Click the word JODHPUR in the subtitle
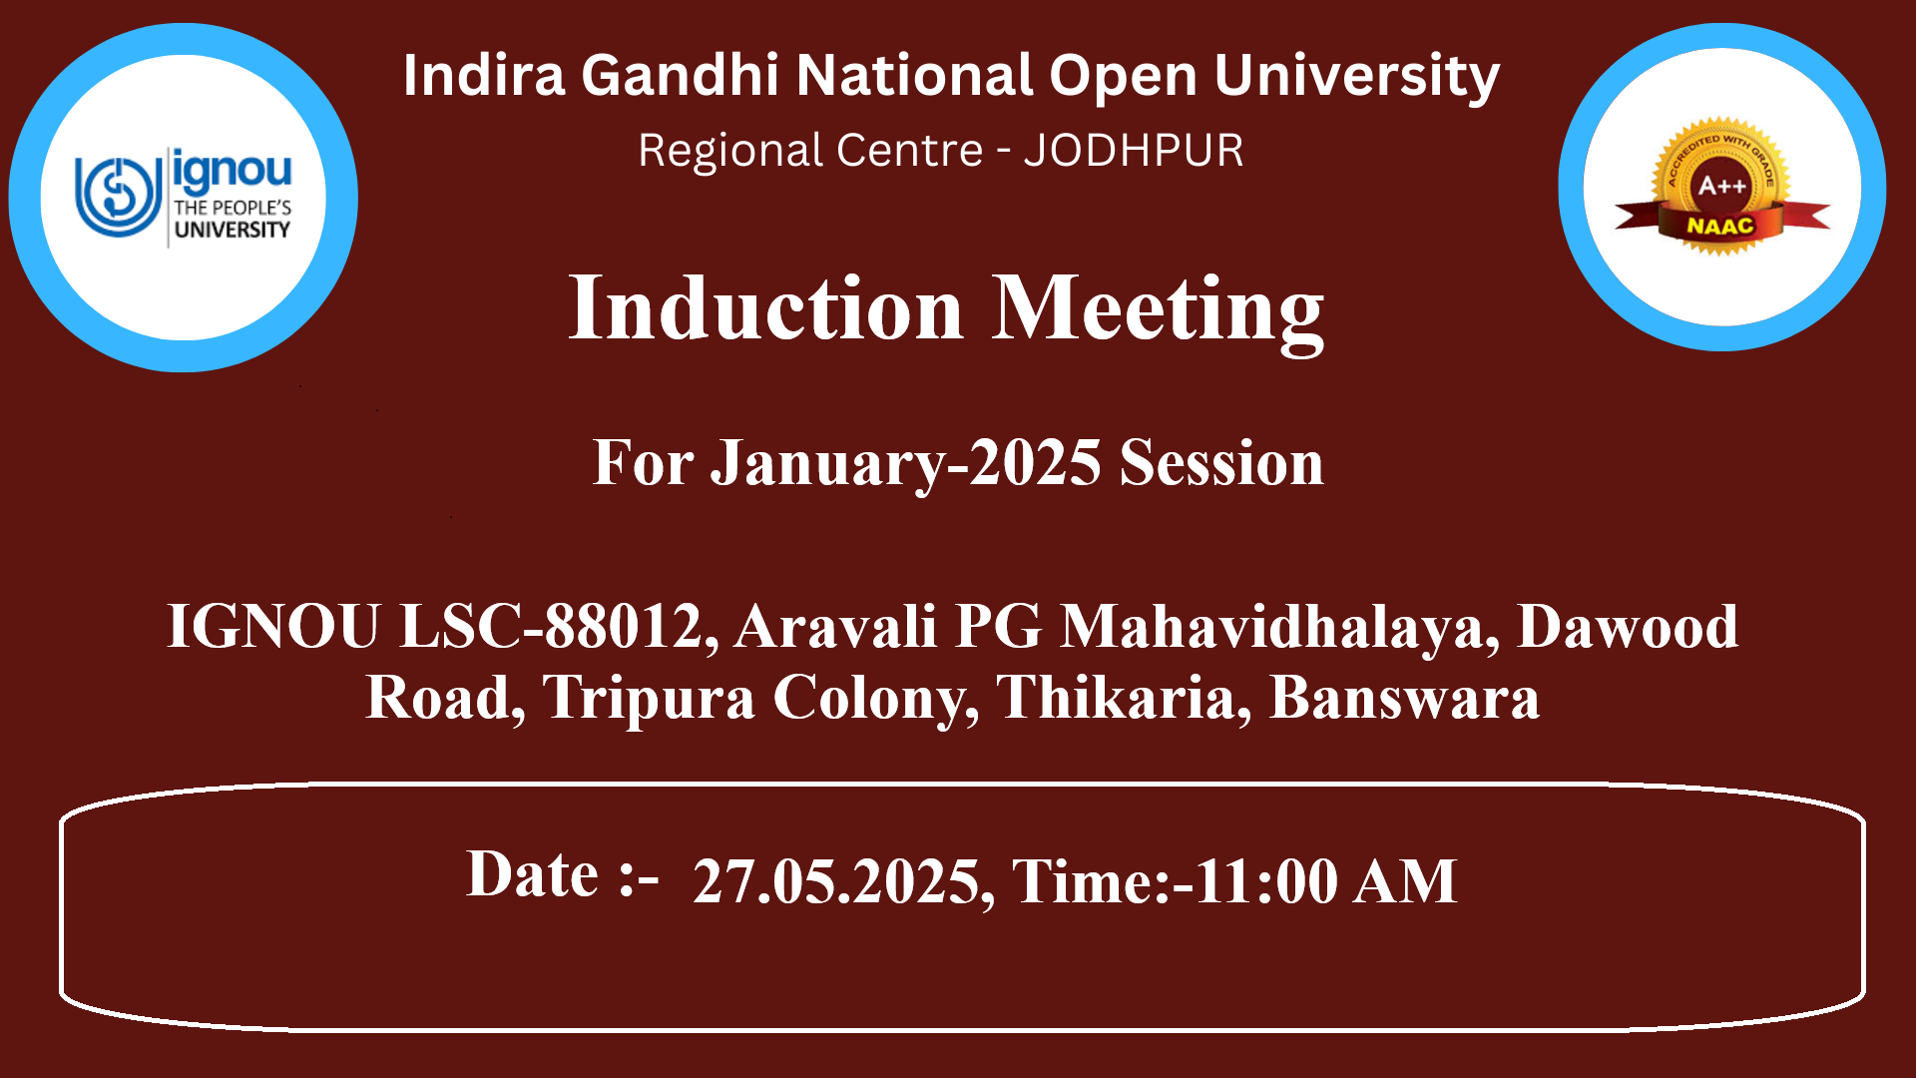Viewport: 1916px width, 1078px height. click(1134, 151)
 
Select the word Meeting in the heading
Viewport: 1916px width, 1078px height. click(1158, 312)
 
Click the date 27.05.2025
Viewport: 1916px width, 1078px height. click(836, 881)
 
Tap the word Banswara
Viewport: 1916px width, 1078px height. click(1404, 697)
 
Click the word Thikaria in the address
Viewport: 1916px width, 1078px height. click(1116, 697)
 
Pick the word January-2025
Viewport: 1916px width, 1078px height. click(906, 464)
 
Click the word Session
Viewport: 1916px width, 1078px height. click(1221, 463)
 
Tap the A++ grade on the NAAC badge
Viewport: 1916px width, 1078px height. click(1722, 186)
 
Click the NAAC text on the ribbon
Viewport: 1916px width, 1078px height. click(1719, 226)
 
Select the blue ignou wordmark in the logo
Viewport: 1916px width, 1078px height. click(232, 171)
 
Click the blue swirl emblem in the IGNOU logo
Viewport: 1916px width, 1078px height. click(118, 196)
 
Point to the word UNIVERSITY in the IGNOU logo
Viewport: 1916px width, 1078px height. click(232, 230)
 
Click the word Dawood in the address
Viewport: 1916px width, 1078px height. click(1628, 627)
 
